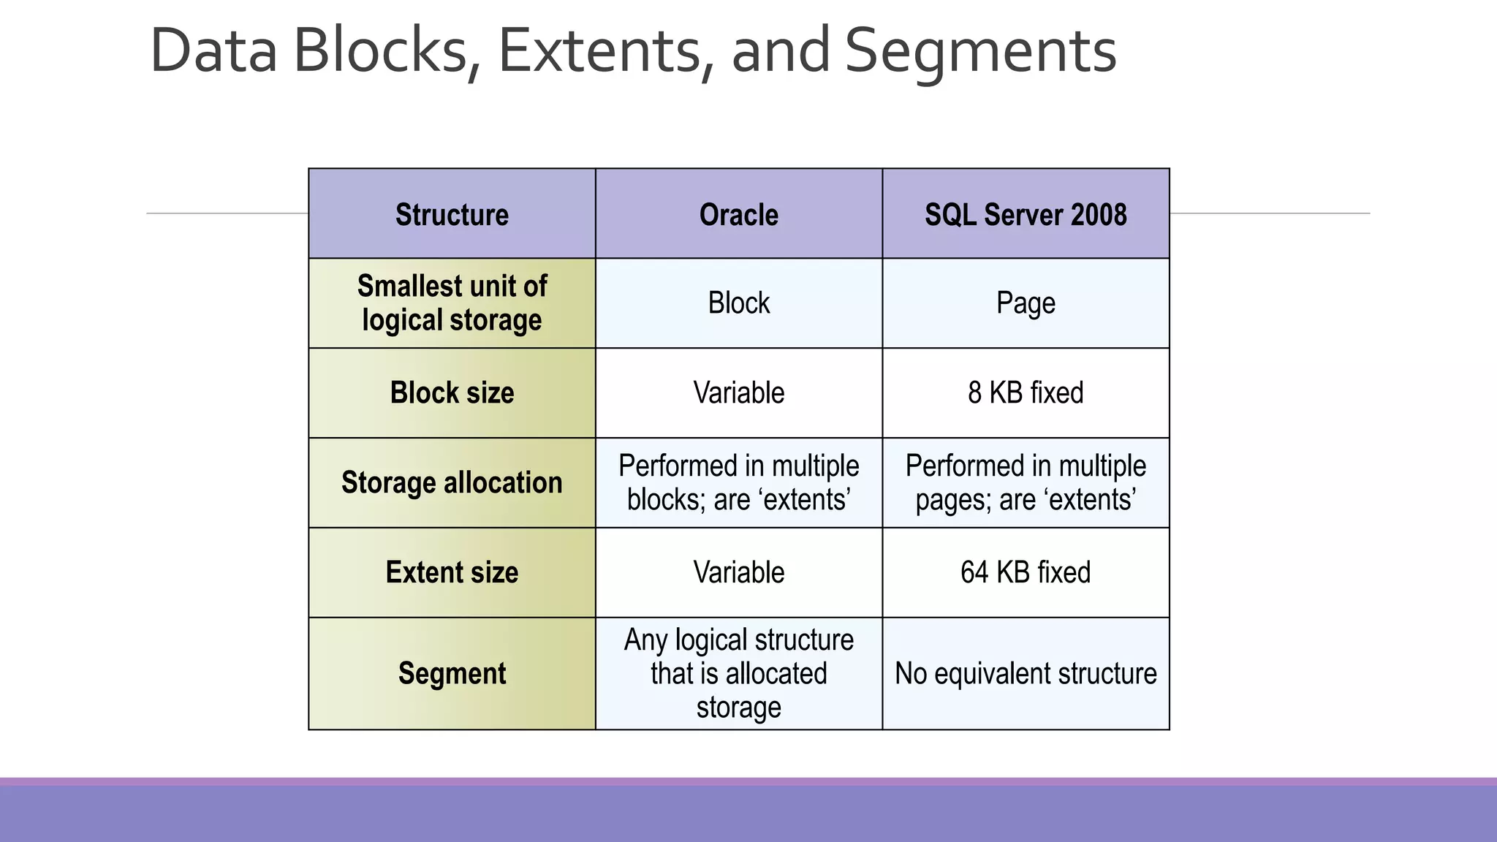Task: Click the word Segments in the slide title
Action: tap(980, 51)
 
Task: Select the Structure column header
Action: tap(452, 214)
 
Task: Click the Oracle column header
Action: tap(738, 214)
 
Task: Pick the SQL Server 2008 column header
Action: tap(1025, 214)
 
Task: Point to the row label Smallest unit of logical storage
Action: tap(452, 303)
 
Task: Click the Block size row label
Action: tap(452, 392)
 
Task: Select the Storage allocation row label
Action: tap(452, 482)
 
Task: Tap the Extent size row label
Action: tap(452, 572)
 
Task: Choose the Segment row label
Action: tap(452, 673)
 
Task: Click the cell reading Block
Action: tap(738, 303)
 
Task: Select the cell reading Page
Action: tap(1025, 303)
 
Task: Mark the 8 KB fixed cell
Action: tap(1025, 392)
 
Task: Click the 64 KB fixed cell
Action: tap(1025, 572)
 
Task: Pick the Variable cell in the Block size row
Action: tap(738, 392)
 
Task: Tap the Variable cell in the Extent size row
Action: tap(738, 572)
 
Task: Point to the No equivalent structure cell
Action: tap(1025, 673)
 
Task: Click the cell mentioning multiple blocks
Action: tap(738, 482)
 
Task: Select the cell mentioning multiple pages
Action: tap(1025, 482)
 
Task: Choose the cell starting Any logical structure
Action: tap(738, 673)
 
